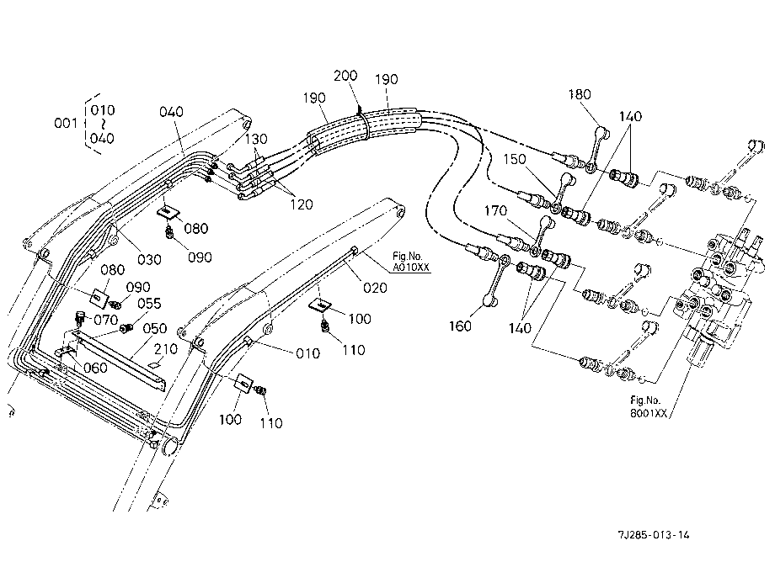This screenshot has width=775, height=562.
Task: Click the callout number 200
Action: point(345,76)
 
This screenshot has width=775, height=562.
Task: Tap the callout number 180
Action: point(580,93)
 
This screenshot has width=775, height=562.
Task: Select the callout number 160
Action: point(460,326)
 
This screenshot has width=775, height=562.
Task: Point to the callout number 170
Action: point(495,210)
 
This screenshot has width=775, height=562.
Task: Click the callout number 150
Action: point(515,159)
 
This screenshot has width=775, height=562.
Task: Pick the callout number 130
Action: point(256,139)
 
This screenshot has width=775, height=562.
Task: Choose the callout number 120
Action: point(301,204)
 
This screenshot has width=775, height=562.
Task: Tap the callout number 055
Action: point(149,304)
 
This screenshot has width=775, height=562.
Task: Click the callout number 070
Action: point(106,320)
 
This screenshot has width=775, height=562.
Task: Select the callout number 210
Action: point(166,349)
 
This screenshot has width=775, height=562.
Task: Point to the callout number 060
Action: point(95,368)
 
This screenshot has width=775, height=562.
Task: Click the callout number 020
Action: point(375,288)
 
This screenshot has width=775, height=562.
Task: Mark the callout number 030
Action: point(149,259)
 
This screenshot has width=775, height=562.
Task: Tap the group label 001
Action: point(65,122)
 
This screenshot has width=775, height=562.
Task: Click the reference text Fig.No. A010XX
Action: point(411,262)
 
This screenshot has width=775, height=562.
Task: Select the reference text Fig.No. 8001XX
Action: point(648,407)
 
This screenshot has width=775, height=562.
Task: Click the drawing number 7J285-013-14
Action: point(654,534)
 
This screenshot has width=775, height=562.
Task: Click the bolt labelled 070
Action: point(78,318)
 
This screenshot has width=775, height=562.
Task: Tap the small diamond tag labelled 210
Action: point(155,364)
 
